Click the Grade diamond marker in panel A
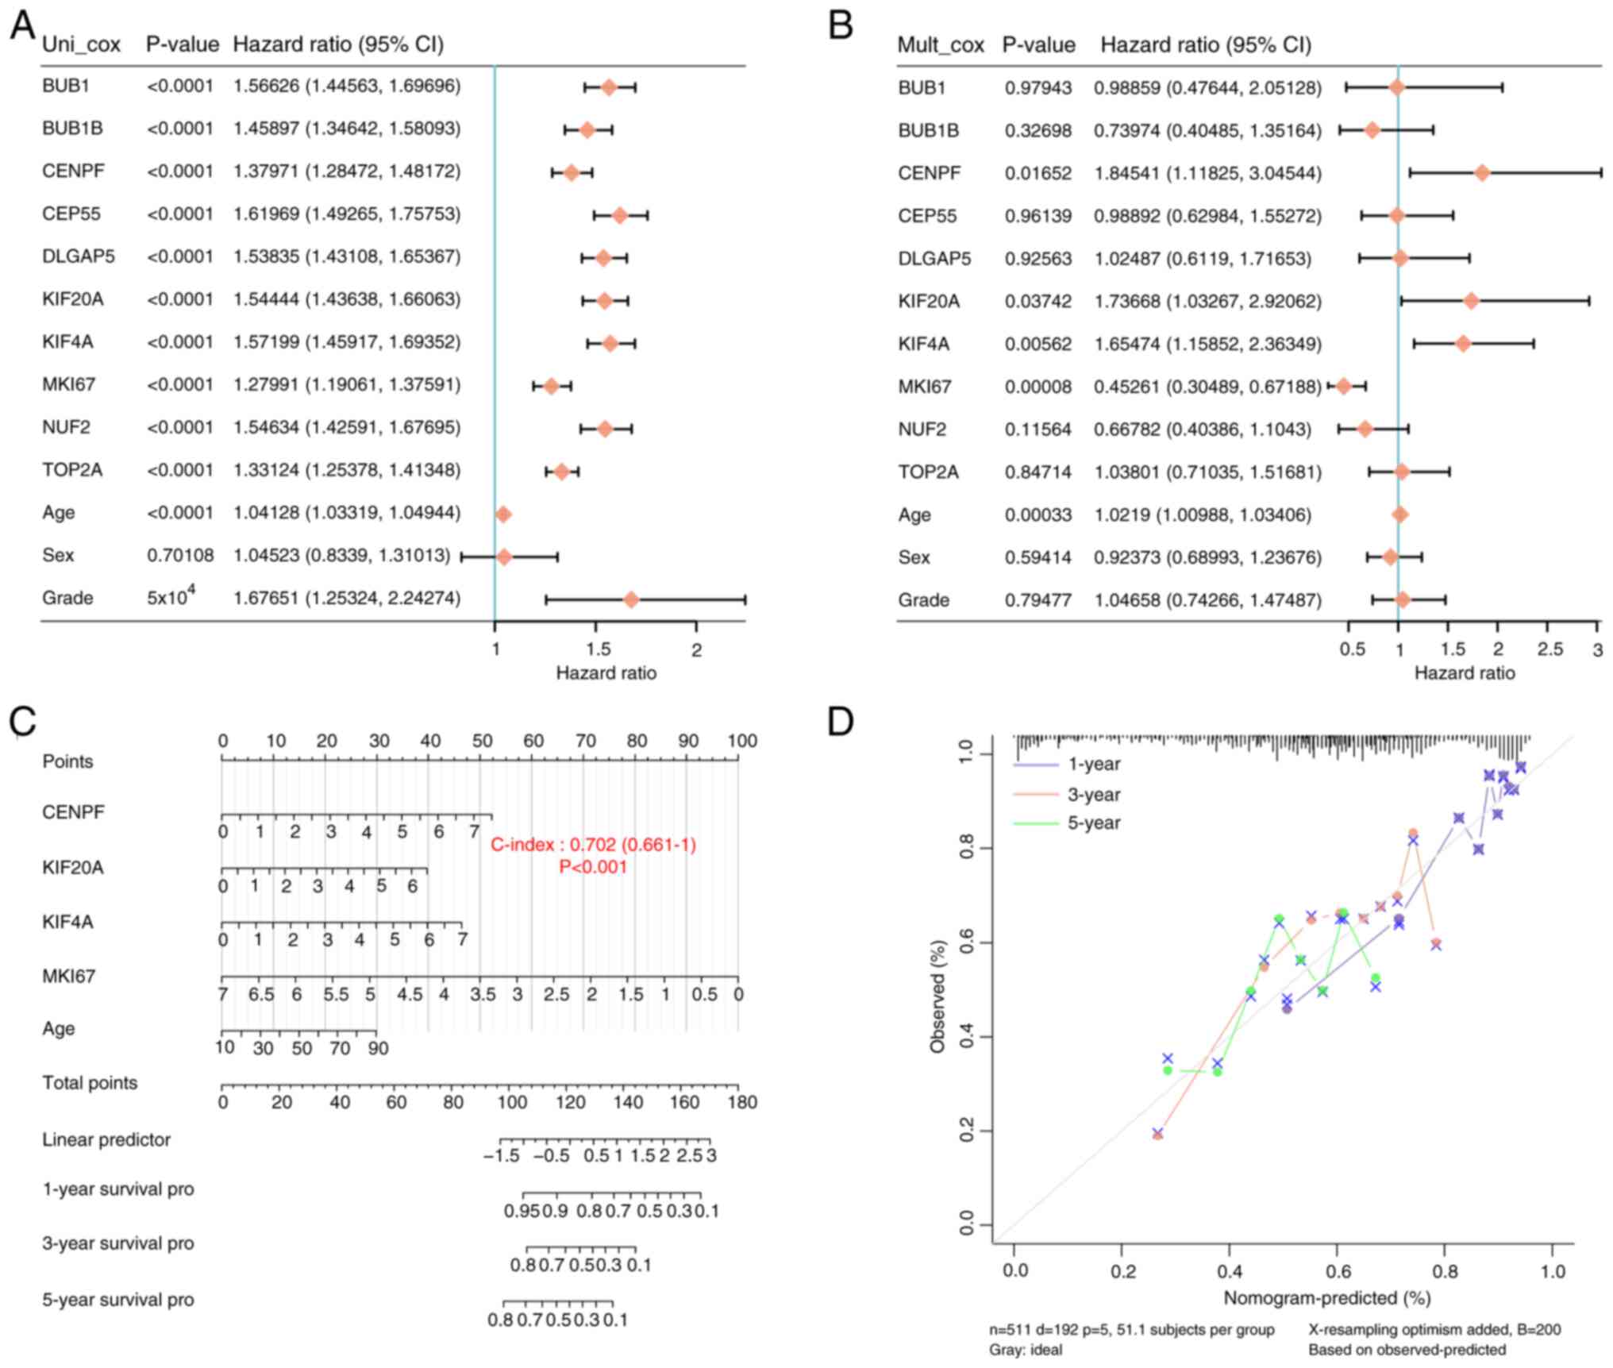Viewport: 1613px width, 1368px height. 631,599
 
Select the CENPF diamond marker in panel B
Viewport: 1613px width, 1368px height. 1481,173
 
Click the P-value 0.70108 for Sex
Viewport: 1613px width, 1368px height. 180,555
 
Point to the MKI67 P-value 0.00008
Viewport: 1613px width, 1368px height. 1037,387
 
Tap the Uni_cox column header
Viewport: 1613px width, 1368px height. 81,44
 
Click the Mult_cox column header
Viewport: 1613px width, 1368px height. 940,45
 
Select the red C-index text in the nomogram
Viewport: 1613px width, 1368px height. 593,845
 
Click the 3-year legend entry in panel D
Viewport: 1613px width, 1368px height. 1093,794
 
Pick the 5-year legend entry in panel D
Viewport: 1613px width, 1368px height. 1093,823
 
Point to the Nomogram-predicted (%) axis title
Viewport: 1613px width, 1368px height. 1326,1298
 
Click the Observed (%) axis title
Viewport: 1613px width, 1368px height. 937,996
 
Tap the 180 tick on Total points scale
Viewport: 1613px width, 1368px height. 742,1102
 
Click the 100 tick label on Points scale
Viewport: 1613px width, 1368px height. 742,741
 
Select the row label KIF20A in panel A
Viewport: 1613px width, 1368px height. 73,299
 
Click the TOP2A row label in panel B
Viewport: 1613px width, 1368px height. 928,472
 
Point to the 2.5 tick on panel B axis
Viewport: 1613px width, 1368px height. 1549,649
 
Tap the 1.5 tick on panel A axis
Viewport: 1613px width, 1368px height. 599,649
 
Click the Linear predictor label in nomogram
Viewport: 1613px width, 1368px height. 106,1140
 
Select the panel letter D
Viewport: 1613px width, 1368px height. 840,721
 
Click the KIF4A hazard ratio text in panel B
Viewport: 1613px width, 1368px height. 1207,344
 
